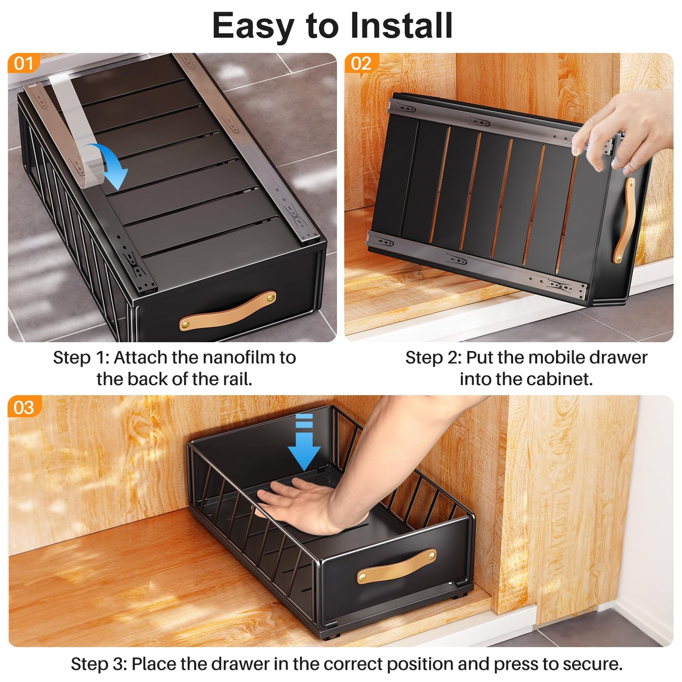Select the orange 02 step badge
(361, 63)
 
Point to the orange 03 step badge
(24, 407)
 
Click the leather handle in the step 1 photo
(227, 310)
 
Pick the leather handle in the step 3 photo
(396, 565)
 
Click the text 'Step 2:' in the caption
(433, 358)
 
